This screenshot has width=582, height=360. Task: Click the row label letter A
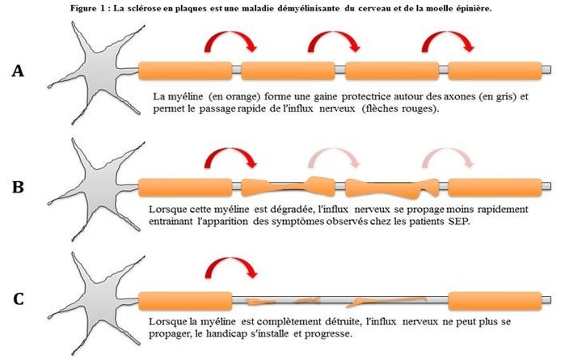pyautogui.click(x=18, y=70)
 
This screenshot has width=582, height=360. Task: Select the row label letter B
pyautogui.click(x=18, y=187)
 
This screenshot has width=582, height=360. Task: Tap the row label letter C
pyautogui.click(x=19, y=299)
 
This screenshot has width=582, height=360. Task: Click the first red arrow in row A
pyautogui.click(x=230, y=37)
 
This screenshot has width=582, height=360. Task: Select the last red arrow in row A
pyautogui.click(x=447, y=37)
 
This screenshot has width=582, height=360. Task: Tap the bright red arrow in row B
pyautogui.click(x=230, y=153)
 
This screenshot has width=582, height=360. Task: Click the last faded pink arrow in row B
pyautogui.click(x=447, y=153)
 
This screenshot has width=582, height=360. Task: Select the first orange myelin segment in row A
pyautogui.click(x=185, y=70)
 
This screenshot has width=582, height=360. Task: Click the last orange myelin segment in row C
pyautogui.click(x=495, y=301)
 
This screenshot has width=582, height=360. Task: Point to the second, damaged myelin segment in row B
pyautogui.click(x=288, y=187)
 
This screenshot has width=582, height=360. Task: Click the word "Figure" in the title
pyautogui.click(x=83, y=9)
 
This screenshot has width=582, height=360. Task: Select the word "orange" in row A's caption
pyautogui.click(x=245, y=97)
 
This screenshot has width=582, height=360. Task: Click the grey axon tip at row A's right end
pyautogui.click(x=549, y=70)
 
